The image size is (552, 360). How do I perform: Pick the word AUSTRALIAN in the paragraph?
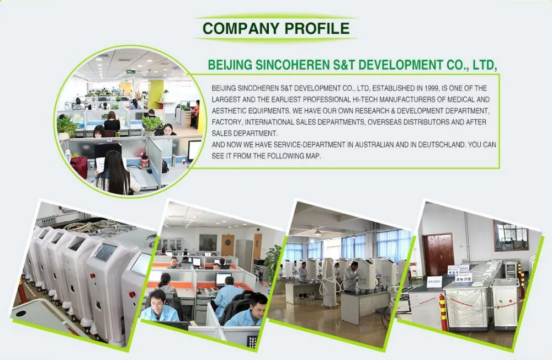[375, 145]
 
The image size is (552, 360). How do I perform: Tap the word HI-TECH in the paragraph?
[364, 99]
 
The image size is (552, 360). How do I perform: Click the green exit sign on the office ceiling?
[131, 72]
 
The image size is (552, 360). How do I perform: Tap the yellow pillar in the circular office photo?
[156, 93]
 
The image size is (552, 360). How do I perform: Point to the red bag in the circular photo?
[79, 167]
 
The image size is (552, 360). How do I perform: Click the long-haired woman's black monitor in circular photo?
[108, 150]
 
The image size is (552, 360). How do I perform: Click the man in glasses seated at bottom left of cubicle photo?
[159, 306]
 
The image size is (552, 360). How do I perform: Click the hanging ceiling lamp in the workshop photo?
[317, 232]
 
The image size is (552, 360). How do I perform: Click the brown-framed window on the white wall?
[511, 236]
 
